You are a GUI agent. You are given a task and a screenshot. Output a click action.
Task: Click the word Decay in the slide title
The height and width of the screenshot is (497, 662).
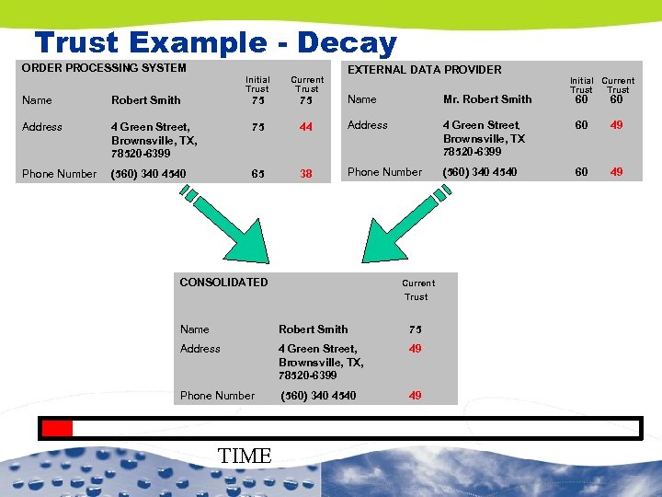(x=347, y=42)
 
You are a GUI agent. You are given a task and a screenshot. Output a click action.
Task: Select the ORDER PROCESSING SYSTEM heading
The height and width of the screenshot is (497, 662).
(x=104, y=68)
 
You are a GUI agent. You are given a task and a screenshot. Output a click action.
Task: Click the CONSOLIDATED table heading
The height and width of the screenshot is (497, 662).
(x=223, y=283)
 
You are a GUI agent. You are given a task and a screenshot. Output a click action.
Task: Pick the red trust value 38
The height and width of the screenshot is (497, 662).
(x=307, y=173)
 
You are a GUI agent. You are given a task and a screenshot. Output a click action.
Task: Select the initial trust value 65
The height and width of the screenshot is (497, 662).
(x=257, y=173)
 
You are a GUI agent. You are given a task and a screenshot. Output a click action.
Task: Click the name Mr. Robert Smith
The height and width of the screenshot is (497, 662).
(x=487, y=99)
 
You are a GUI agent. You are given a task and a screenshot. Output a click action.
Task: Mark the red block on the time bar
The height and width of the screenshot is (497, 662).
(x=58, y=428)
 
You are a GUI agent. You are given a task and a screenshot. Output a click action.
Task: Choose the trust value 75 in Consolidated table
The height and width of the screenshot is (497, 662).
(x=416, y=329)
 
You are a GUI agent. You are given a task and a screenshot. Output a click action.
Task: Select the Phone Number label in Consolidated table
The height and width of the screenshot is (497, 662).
(x=217, y=396)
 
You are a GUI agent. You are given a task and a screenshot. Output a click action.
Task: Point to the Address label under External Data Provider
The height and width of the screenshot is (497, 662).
(x=368, y=125)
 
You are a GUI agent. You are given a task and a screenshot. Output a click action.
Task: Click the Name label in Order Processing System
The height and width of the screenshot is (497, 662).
(x=37, y=100)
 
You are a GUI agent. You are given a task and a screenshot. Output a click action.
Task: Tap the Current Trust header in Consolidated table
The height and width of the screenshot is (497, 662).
(x=417, y=290)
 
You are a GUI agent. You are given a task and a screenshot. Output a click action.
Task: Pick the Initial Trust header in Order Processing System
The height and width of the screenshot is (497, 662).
(x=257, y=85)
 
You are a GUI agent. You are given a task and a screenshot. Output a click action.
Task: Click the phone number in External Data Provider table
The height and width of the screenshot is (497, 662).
(x=480, y=172)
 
